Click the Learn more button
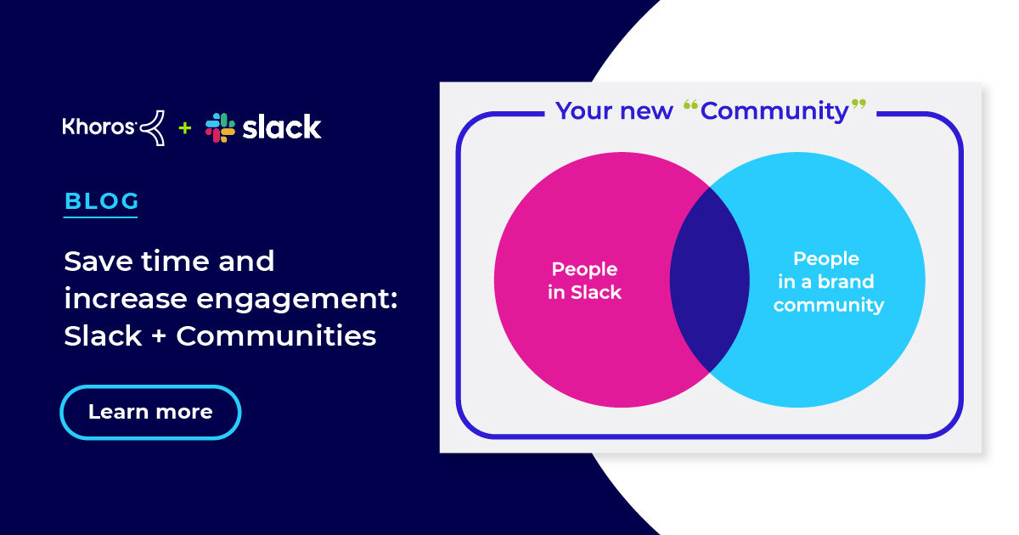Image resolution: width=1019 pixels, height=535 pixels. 150,413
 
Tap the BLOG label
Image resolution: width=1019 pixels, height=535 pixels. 101,201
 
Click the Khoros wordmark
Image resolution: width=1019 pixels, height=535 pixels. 99,127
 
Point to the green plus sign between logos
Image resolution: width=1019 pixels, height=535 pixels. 184,128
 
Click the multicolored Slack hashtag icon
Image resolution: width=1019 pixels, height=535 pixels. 220,127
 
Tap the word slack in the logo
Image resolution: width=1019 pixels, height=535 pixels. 281,127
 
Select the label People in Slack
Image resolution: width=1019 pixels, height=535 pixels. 585,281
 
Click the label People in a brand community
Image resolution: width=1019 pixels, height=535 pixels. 827,282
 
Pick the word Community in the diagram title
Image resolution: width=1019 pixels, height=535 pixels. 774,110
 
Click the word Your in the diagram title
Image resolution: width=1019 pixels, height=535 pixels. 583,110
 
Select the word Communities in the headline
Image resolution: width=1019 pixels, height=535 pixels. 276,336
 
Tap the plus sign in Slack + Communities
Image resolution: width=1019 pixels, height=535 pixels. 159,337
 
